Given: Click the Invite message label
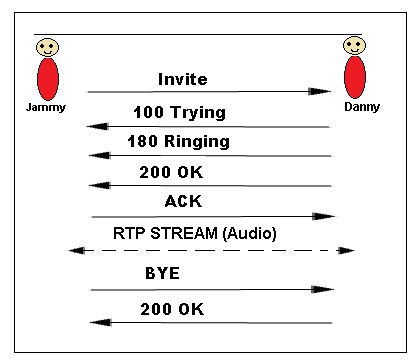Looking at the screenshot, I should coord(184,78).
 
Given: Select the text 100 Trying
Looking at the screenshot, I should coord(179,112).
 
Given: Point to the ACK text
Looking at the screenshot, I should coord(183,202).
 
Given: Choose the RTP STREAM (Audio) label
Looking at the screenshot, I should coord(194,233).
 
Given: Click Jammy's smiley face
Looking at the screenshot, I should coord(46,47).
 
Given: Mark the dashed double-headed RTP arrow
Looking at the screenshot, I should coord(210,250).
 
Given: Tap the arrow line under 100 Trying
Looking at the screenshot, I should coord(210,127).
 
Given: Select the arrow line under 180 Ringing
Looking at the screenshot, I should coord(210,156).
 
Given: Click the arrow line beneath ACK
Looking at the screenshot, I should coord(210,216).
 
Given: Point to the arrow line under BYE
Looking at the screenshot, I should coord(210,290).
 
